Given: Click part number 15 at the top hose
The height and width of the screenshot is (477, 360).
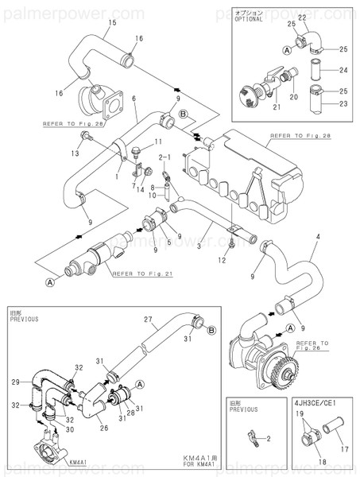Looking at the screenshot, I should pos(111,23).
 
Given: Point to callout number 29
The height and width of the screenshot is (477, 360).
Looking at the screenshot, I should pos(15,383).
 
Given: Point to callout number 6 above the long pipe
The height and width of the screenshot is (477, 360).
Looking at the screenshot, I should pos(134,98).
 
